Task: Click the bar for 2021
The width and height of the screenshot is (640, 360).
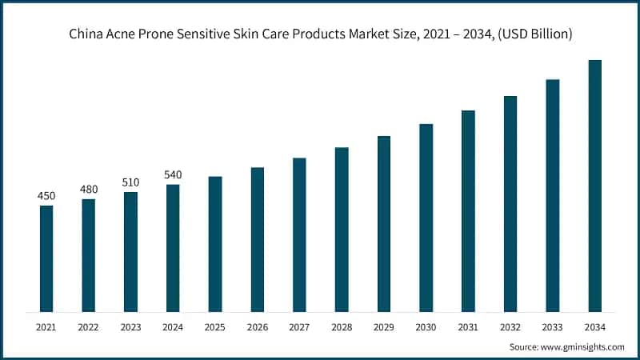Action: coord(46,258)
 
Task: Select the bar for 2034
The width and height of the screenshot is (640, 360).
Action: coord(594,186)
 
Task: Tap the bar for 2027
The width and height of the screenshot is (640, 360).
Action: coord(299,234)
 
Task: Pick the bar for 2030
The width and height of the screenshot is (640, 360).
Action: coord(426,218)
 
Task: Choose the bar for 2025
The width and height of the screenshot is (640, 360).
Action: coord(215,244)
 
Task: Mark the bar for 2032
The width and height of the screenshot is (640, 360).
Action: coord(510,204)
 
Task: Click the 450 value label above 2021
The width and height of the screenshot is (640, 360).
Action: coord(46,196)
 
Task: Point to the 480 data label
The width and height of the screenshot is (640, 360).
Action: coord(88,190)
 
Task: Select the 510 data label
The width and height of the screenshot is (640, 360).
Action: coord(130,182)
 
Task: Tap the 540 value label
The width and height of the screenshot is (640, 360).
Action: coord(173,174)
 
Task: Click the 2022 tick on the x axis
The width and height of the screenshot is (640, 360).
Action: coord(88,326)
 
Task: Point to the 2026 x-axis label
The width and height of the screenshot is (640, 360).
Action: coord(257,326)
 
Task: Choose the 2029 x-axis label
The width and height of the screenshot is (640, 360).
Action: coord(384,326)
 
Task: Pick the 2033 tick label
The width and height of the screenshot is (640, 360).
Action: coord(553,326)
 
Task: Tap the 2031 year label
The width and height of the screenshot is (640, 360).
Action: coord(468,326)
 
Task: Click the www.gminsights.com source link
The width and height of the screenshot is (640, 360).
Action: coord(582,348)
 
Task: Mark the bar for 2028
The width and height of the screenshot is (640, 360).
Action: coord(342,230)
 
